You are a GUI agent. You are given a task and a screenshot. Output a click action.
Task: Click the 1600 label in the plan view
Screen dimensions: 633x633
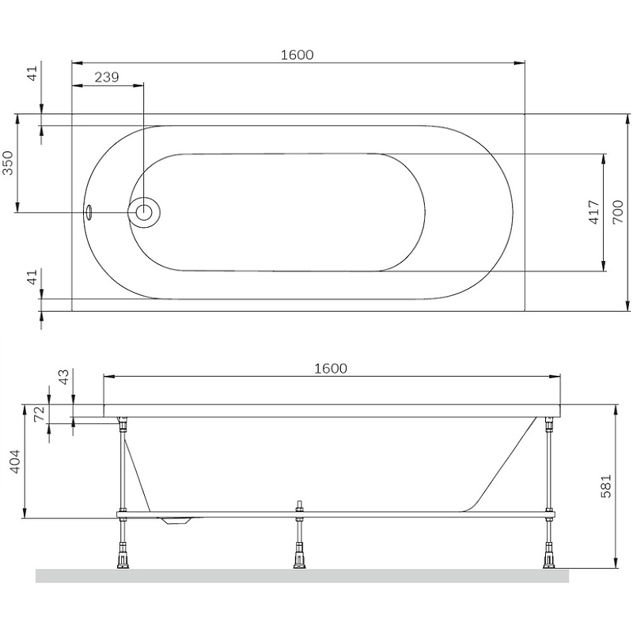click(x=298, y=55)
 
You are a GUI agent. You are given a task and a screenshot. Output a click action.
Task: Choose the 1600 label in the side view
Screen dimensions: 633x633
click(x=331, y=368)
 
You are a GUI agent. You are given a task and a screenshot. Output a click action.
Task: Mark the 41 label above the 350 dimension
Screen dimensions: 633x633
click(x=32, y=74)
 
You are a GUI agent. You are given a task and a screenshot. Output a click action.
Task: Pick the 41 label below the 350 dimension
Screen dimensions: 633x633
click(x=32, y=277)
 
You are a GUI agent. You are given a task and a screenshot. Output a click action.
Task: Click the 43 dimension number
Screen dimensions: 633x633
click(x=63, y=377)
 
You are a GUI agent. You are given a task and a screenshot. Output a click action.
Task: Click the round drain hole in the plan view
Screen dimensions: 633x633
click(x=145, y=212)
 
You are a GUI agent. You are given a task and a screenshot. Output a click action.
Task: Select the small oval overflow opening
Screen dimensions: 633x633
click(x=89, y=212)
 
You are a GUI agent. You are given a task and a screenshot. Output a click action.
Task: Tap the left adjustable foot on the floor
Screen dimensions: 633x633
click(x=123, y=559)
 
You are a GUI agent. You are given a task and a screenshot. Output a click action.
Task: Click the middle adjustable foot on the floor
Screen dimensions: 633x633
click(x=298, y=559)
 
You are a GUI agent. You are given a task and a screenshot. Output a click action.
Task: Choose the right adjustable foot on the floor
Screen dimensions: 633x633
click(x=546, y=559)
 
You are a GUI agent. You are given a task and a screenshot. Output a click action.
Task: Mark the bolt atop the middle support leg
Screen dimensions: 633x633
click(x=298, y=506)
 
